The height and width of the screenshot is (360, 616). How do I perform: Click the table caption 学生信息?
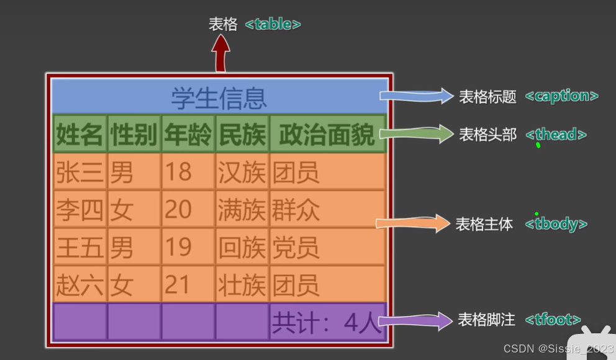(x=219, y=97)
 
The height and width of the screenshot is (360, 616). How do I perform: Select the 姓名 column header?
(x=79, y=133)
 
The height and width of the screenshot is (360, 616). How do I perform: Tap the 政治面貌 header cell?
(x=327, y=133)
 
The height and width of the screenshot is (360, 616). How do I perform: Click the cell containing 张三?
(x=79, y=172)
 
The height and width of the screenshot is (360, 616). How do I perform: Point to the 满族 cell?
(x=242, y=210)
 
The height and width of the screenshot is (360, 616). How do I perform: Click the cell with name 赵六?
(x=79, y=284)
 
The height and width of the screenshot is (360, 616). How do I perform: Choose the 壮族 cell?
(x=242, y=284)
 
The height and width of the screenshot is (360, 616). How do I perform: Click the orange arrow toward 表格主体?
(x=414, y=223)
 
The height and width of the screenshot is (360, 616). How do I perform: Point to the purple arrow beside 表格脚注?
(x=416, y=321)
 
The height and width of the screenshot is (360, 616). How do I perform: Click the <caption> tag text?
(x=561, y=96)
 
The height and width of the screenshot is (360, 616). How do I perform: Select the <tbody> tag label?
(x=556, y=224)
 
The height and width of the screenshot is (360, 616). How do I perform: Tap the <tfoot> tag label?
(x=553, y=320)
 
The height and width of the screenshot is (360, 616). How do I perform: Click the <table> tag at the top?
(x=273, y=24)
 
